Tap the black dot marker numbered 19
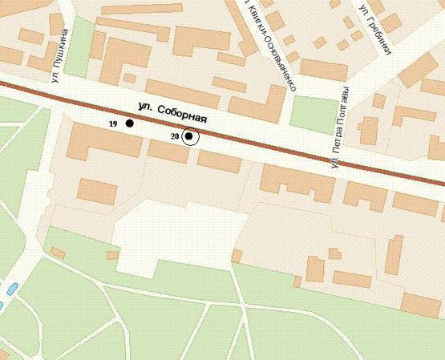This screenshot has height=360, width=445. tap(129, 123)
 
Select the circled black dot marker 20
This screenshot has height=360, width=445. tap(189, 136)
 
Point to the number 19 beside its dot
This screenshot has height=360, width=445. tap(113, 123)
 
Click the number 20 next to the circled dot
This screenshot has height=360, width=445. tap(174, 137)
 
